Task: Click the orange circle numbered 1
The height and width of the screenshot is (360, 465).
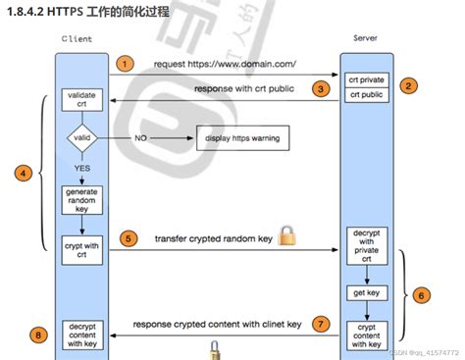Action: pos(124,64)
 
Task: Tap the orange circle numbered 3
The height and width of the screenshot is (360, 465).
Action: pos(319,89)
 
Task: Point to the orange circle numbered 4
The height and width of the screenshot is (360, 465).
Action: pos(21,174)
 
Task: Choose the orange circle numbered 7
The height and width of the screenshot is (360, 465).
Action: pos(319,323)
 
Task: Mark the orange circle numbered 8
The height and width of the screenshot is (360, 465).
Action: pos(37,334)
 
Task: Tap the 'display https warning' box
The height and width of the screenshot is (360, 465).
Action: pos(241,138)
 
